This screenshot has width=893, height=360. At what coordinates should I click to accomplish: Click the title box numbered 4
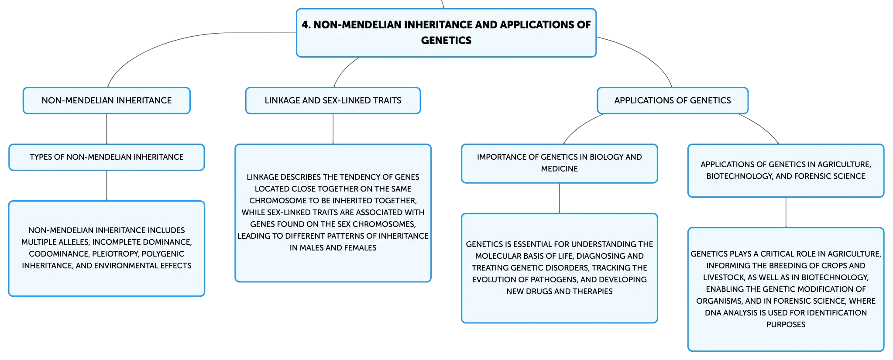click(446, 33)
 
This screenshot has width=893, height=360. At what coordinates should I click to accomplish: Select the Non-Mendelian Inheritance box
click(106, 100)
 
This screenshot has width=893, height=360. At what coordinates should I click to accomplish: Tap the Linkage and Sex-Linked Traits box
click(333, 100)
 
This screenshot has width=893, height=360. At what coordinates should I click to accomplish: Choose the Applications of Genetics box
click(673, 100)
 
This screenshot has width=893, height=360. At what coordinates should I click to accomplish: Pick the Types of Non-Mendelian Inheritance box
click(106, 157)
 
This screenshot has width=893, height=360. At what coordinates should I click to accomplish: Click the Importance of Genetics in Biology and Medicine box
click(560, 163)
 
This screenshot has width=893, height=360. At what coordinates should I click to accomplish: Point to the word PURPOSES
click(786, 325)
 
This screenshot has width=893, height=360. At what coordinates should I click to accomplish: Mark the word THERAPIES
click(593, 291)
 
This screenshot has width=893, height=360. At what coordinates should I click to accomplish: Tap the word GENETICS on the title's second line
click(446, 41)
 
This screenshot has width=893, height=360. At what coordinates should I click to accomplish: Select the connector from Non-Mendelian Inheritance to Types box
click(106, 129)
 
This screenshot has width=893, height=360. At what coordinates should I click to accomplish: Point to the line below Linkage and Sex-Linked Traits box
click(333, 129)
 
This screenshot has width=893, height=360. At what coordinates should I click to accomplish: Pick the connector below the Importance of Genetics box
click(560, 199)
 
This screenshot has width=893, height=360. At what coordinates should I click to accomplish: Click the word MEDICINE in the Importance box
click(560, 169)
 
